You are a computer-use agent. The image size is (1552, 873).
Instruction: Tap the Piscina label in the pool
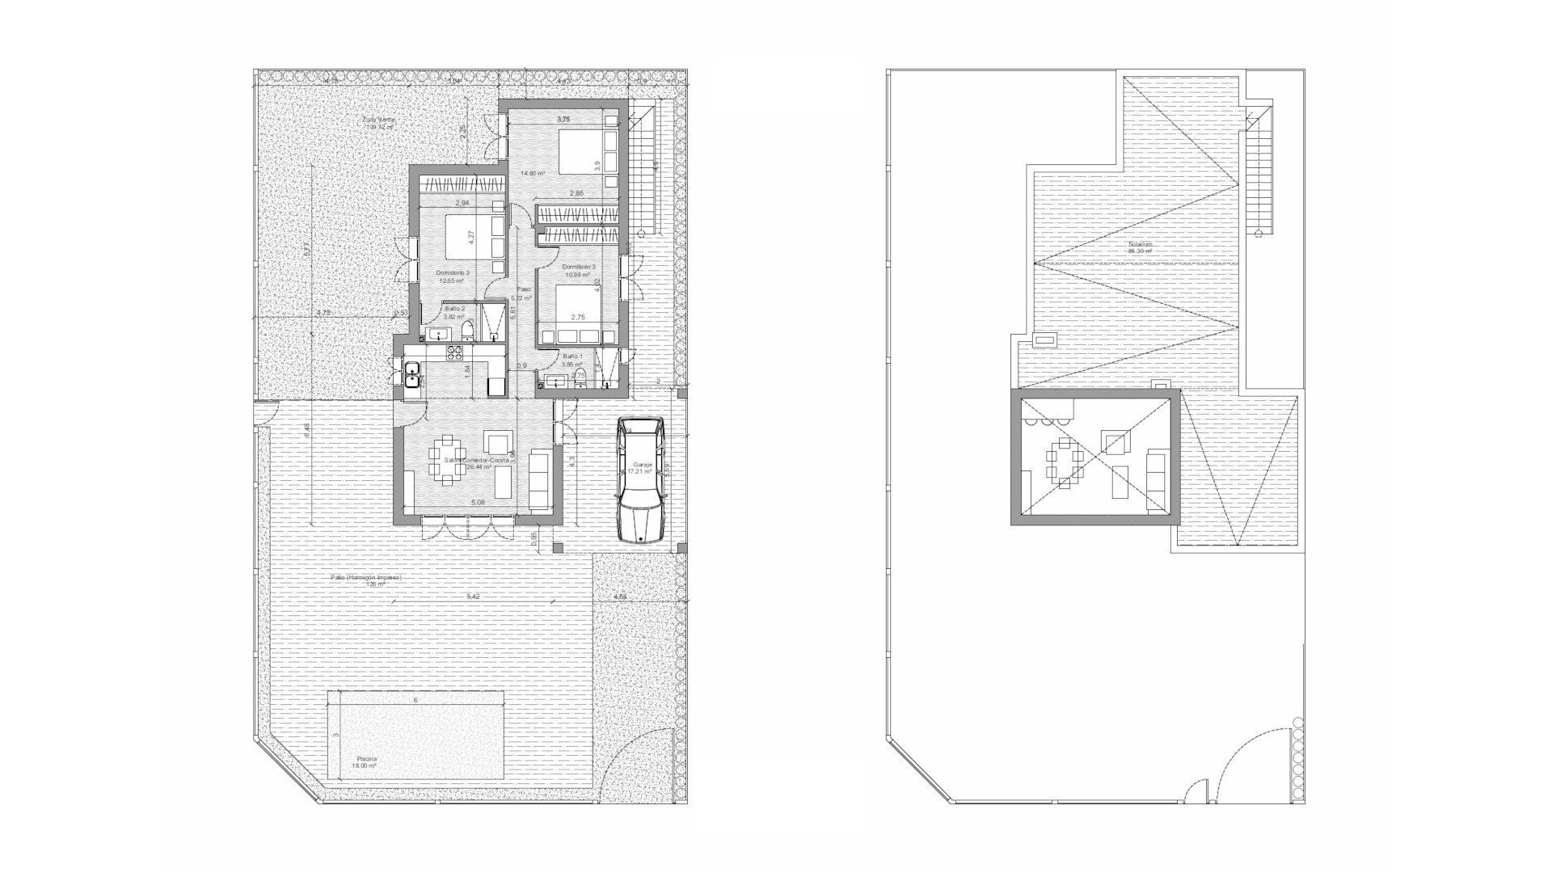coord(367,760)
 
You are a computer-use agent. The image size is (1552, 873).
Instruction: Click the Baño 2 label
coord(454,309)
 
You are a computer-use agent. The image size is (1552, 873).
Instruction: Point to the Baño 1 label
coord(572,356)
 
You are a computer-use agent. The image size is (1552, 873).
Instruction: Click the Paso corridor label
coord(524,289)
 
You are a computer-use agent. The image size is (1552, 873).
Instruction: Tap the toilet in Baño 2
coord(468,331)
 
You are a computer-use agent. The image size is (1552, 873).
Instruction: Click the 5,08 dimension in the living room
coord(478,503)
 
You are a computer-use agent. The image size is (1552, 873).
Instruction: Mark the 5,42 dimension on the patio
coord(473,597)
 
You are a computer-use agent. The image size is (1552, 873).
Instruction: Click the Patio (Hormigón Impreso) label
coord(366,578)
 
